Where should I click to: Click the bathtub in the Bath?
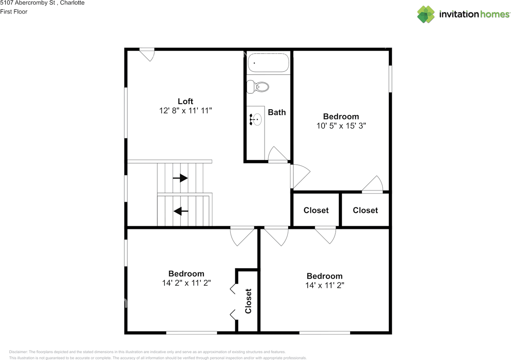click(x=268, y=63)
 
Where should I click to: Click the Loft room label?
click(x=185, y=101)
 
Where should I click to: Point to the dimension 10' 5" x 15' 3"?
click(x=341, y=126)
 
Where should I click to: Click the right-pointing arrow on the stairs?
click(x=180, y=178)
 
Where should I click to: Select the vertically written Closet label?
click(x=248, y=301)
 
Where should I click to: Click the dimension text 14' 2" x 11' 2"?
click(x=186, y=283)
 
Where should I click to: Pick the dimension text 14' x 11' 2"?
click(x=324, y=285)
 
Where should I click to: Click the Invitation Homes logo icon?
click(x=426, y=14)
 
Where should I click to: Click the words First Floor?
click(x=14, y=12)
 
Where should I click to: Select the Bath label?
click(x=277, y=112)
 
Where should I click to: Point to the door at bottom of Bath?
click(x=278, y=155)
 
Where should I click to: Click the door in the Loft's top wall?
click(x=147, y=54)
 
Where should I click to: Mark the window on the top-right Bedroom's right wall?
click(x=390, y=79)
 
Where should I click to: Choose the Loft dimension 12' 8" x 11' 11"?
click(x=185, y=111)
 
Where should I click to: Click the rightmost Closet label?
click(x=365, y=210)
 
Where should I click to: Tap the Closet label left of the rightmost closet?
click(x=316, y=210)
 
